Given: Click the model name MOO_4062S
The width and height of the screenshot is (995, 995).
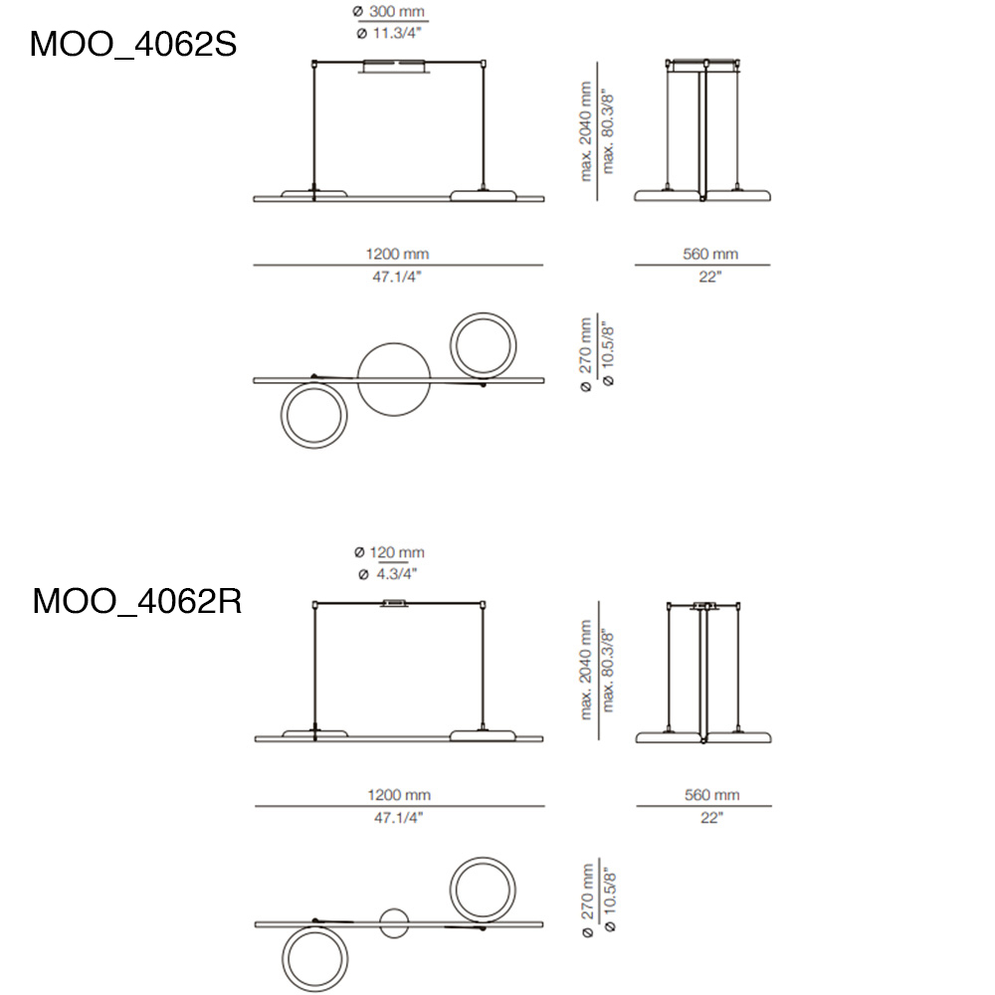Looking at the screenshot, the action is click(x=133, y=45).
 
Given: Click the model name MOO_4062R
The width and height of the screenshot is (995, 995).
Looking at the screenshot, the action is click(x=137, y=600).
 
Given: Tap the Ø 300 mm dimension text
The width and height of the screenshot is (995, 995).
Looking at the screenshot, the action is click(x=389, y=11).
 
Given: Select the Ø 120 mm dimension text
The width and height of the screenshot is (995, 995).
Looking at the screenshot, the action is click(x=390, y=552).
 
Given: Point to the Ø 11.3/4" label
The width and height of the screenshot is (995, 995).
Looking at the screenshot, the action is click(x=389, y=33).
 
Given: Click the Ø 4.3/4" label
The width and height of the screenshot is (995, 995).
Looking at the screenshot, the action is click(x=388, y=574).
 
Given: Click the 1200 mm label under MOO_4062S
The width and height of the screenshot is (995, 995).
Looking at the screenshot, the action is click(x=397, y=254).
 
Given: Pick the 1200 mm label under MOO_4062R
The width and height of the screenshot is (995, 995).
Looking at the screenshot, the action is click(x=399, y=795).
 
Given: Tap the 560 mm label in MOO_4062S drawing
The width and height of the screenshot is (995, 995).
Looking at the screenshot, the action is click(x=710, y=254).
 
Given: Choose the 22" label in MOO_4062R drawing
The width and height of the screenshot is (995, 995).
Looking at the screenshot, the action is click(x=712, y=818).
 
